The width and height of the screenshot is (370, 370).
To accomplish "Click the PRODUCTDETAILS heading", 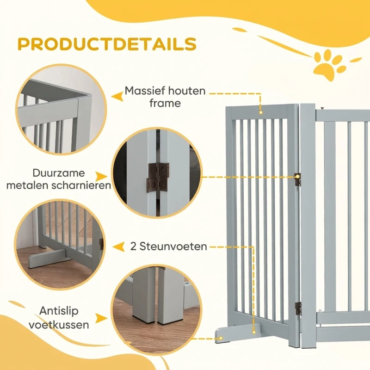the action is point(107,44).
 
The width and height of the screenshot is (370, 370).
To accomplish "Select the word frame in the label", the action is point(165,103).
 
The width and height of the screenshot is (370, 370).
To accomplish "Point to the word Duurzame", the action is point(59,173).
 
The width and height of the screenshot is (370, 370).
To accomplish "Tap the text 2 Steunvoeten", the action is point(168,247).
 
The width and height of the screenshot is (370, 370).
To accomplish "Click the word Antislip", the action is point(59,311).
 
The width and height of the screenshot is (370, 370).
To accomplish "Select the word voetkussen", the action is point(59,325).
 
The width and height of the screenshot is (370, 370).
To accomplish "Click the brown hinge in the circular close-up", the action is point(158,178).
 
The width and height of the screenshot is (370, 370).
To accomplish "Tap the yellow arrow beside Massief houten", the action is point(117,96).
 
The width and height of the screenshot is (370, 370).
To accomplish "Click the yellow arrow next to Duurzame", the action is point(101,177).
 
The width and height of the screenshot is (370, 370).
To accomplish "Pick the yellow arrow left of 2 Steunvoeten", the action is point(119,247).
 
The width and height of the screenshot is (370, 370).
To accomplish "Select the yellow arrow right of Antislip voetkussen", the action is point(101,318).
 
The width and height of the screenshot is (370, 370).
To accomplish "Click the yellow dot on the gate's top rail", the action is point(261,112).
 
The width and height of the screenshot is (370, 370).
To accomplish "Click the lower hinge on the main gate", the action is point(298,308).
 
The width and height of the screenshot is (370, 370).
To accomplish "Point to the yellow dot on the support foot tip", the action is point(221,338).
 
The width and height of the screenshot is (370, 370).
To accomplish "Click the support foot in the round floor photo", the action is point(47,259).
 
